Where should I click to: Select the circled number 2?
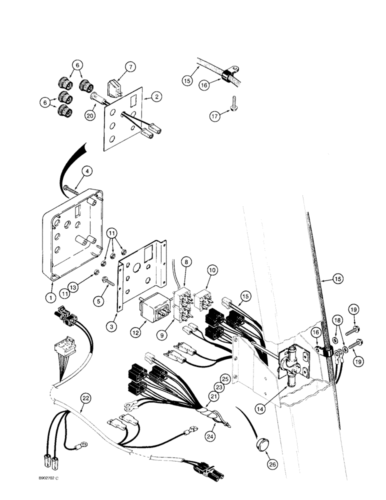(x=157, y=97)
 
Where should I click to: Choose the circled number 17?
(x=215, y=116)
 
